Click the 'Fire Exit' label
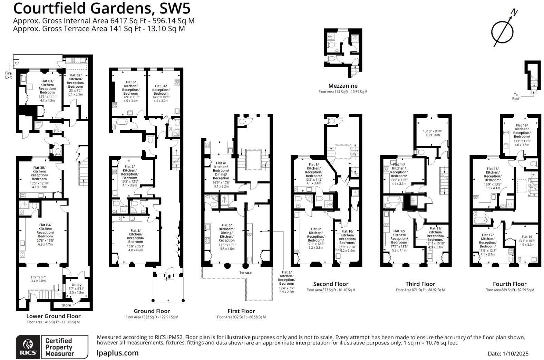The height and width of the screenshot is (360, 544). (8, 75)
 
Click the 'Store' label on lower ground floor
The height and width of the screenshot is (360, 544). (67, 305)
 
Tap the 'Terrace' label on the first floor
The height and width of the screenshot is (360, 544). (246, 273)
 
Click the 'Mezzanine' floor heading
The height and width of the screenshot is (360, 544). (343, 86)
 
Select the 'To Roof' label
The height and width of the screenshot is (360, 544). (516, 97)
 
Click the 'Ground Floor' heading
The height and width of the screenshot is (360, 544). (152, 311)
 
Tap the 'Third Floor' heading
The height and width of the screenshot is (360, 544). (420, 284)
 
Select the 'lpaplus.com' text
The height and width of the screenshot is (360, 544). (118, 353)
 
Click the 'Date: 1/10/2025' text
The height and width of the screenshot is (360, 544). (508, 354)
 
